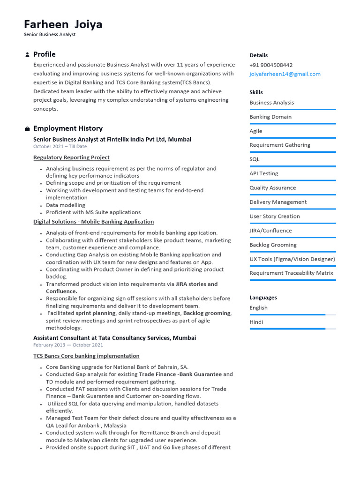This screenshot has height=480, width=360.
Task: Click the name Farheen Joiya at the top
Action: point(63,24)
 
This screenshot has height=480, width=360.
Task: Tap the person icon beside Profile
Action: point(27,55)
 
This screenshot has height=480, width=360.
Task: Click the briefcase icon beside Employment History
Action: point(27,129)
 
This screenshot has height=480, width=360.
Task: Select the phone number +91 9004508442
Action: point(271,65)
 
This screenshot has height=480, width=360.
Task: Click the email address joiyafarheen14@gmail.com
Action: point(285,74)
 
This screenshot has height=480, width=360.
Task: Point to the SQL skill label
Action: point(254,159)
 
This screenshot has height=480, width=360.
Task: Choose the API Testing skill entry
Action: point(263,173)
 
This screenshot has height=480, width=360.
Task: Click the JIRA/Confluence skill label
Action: point(270,231)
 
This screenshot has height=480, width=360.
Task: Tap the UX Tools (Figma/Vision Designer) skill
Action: point(292,259)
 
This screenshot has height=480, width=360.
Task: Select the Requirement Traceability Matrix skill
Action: point(291,273)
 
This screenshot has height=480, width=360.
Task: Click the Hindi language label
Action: point(256,322)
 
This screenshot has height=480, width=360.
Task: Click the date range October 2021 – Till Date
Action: point(60,147)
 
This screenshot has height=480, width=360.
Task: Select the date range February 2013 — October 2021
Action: point(68,345)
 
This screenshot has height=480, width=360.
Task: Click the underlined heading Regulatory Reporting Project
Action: point(71,157)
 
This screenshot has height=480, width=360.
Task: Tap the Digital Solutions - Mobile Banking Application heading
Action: point(93,222)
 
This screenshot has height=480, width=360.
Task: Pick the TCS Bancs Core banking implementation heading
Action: point(86,356)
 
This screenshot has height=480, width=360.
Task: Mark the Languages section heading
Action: point(263,298)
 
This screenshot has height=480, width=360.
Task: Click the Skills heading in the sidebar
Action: point(256,92)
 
